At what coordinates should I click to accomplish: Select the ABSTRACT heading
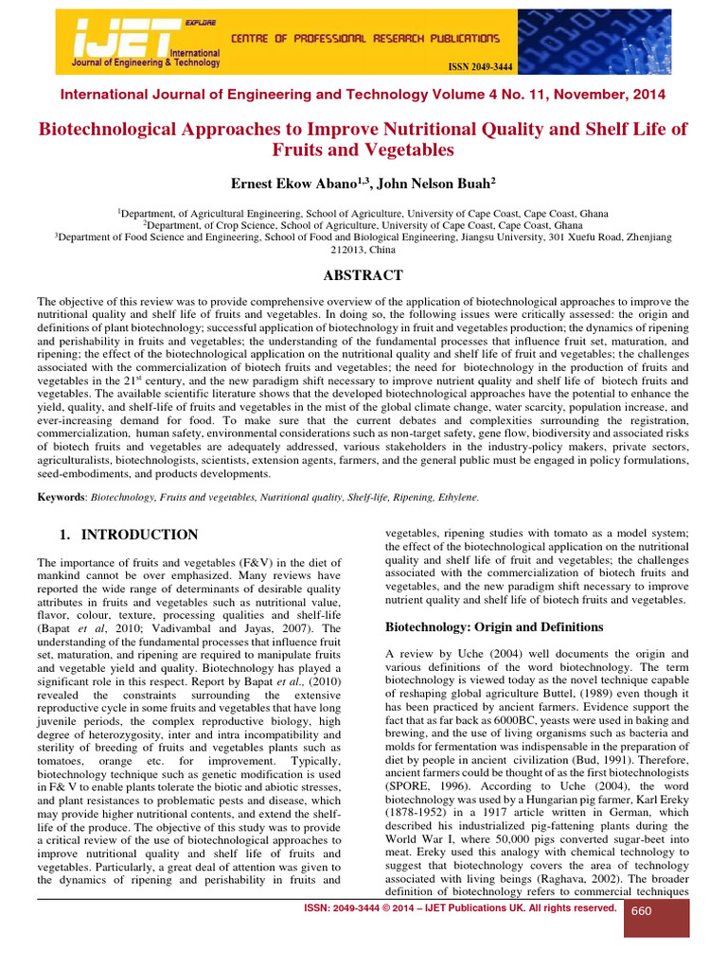tap(363, 275)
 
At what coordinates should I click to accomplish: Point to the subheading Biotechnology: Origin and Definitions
tap(492, 626)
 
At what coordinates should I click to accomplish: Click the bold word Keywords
tap(60, 497)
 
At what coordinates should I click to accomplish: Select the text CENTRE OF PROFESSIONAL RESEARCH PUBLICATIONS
tap(365, 39)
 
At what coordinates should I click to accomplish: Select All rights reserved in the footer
tap(571, 907)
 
